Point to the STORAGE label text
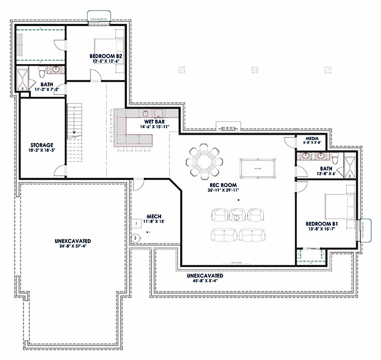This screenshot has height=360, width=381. point(41,145)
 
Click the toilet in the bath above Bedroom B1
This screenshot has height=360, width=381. point(336,158)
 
